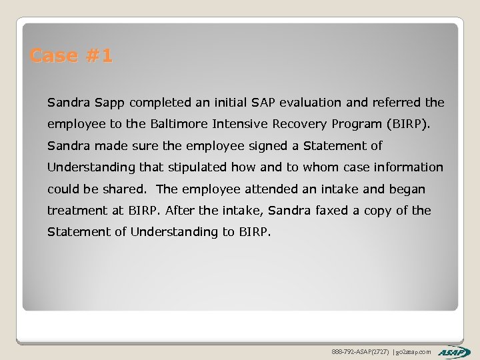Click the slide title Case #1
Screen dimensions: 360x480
point(71,56)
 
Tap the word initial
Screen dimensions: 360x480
point(225,103)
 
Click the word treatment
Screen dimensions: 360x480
point(73,211)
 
